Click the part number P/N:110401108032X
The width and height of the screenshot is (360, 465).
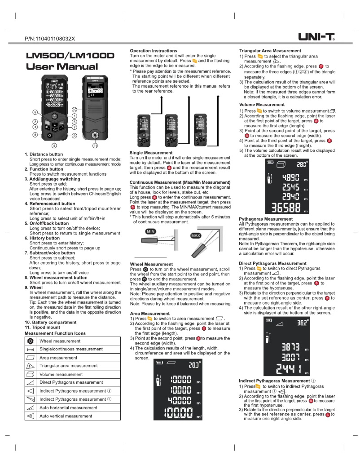[x=50, y=39]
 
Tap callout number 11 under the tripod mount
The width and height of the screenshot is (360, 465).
[x=95, y=146]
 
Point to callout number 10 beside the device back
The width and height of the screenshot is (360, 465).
[x=75, y=110]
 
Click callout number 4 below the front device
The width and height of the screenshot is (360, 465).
[x=54, y=146]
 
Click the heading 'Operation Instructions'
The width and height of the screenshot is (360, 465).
[x=153, y=51]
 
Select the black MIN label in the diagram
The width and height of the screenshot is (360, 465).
[x=150, y=231]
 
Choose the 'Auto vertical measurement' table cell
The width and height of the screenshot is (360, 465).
[x=66, y=416]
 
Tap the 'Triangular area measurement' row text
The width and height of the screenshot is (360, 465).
[x=68, y=366]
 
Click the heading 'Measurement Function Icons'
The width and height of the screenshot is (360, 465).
[x=55, y=333]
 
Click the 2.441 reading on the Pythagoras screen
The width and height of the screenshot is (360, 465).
[x=287, y=370]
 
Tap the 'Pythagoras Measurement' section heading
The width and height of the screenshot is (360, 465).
[x=266, y=219]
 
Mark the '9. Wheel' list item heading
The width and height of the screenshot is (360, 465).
[x=34, y=287]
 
